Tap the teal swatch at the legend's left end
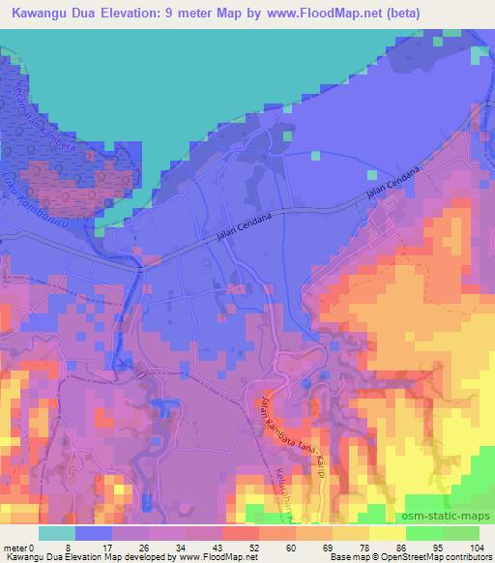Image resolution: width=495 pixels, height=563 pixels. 56,533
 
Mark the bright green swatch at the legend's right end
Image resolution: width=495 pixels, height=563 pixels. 460,533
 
